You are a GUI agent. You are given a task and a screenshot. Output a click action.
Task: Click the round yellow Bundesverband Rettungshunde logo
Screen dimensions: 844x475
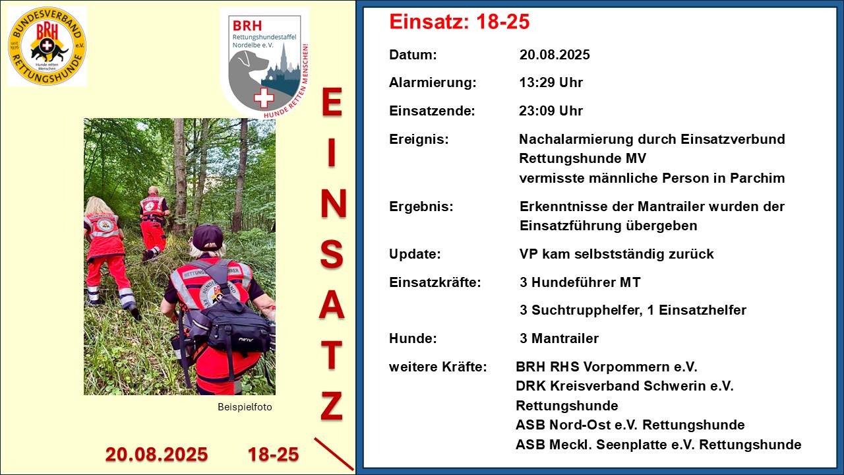coord(47,46)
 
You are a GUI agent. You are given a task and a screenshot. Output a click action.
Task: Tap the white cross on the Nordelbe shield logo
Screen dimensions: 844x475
coord(264,98)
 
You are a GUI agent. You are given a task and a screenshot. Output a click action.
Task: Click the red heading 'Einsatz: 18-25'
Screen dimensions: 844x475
coord(460,22)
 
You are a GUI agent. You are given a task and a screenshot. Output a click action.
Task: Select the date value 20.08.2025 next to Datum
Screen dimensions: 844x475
coord(555,55)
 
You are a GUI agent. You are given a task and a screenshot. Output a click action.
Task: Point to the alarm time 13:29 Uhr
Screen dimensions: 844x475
coord(551,82)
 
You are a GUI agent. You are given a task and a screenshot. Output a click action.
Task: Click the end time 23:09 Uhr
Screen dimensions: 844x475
coord(551,111)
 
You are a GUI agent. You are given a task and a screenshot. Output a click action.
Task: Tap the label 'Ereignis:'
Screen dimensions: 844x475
coord(419,139)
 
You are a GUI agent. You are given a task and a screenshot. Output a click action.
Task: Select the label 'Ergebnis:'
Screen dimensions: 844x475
coord(421,207)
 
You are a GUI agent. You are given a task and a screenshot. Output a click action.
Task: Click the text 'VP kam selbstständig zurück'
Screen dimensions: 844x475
coord(617,254)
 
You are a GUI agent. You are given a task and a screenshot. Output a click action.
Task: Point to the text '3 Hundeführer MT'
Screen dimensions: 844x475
coord(580,282)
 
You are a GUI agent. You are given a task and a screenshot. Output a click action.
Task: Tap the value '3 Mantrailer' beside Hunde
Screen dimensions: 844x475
coord(559,338)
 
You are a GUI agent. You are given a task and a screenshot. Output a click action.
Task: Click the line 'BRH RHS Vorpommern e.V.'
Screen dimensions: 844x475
coord(607,367)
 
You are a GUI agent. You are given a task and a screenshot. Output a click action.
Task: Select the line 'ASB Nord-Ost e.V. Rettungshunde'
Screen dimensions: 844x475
coord(630,425)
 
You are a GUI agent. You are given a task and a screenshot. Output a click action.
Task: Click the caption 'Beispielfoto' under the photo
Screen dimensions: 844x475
coord(245,407)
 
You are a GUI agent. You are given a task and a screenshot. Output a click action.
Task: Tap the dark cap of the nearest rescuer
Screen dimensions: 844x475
coord(207,237)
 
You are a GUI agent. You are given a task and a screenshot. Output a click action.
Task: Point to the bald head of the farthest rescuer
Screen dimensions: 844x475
coord(153,191)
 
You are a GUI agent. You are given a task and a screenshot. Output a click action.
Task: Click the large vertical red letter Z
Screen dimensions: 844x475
coord(332,406)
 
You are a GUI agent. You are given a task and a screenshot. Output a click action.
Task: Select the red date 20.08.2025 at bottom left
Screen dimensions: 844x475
coord(156,455)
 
